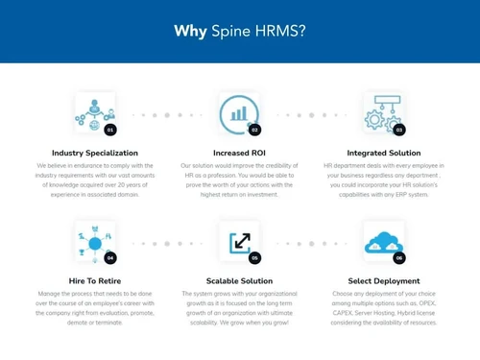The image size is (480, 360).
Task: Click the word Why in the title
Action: click(189, 32)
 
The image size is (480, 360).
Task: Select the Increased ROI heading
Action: click(239, 152)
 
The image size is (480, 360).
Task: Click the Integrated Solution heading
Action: click(384, 152)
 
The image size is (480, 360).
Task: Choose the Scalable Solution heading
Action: click(239, 281)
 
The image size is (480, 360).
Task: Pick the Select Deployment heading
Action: click(384, 281)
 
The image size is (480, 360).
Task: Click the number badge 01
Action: click(110, 129)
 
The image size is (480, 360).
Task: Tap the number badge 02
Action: click(254, 129)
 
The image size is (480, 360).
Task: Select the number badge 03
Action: click(399, 129)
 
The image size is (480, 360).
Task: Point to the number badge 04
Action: click(110, 257)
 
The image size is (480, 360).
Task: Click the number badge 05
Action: click(254, 257)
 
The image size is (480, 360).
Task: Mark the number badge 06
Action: click(399, 257)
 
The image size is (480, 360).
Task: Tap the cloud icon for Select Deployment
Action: click(381, 240)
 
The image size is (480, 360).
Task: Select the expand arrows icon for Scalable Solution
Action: click(237, 240)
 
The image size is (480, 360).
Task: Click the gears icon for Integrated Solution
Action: click(381, 111)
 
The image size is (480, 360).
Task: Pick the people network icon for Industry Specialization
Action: click(93, 111)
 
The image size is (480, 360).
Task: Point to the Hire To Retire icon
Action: click(93, 240)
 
